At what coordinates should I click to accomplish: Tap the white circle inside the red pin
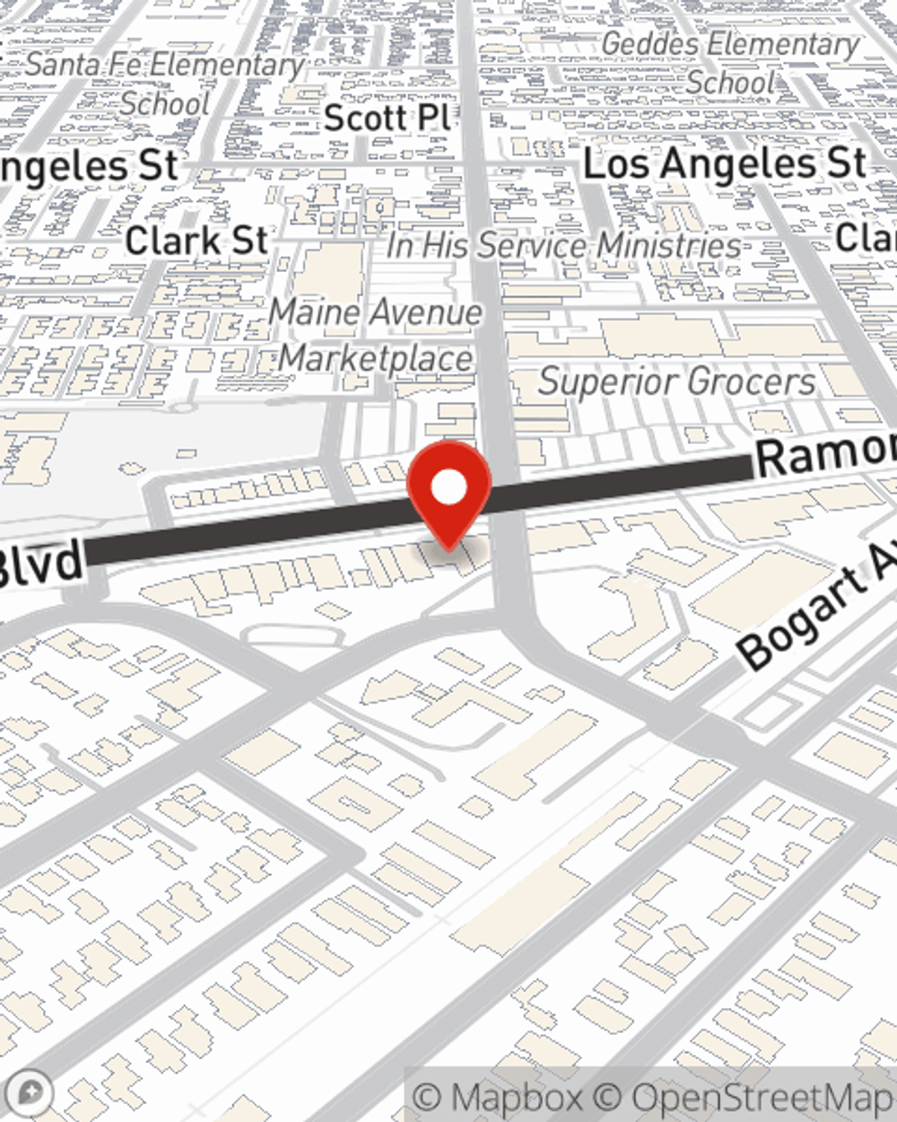448,487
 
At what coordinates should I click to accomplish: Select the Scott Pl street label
387,118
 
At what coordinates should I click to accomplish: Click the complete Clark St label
196,241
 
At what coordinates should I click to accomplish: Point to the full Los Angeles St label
725,164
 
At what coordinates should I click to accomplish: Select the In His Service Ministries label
564,245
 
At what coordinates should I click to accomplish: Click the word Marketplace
375,358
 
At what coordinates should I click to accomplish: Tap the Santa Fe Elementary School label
165,83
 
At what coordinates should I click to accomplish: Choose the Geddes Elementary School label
730,63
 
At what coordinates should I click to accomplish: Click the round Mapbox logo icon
29,1092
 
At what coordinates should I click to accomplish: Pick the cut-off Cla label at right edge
867,238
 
